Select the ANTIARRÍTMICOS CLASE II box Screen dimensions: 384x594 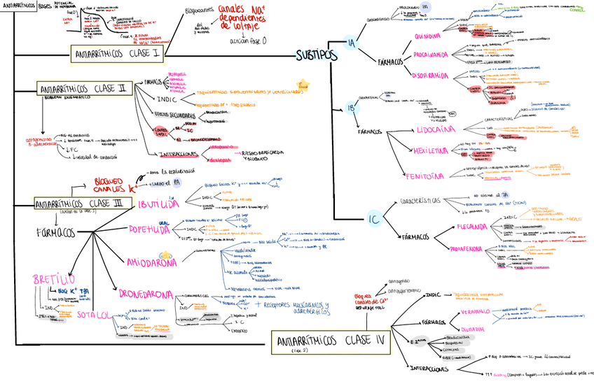[x=83, y=90]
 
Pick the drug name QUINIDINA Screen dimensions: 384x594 [x=427, y=36]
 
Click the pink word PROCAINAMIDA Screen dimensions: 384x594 [x=431, y=55]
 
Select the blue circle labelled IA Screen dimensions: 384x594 [x=352, y=43]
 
